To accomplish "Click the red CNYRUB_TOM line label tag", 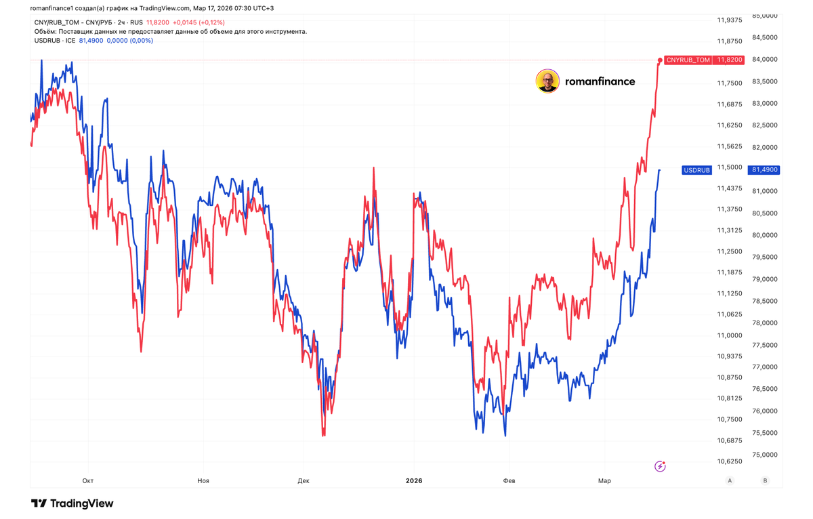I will pos(688,60).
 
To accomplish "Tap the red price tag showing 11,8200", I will pos(729,60).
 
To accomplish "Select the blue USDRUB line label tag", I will pos(696,170).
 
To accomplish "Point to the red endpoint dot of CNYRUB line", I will pos(660,61).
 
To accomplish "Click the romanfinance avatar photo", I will pos(547,81).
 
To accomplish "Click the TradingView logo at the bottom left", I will pos(72,503).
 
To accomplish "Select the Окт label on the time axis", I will pos(87,481).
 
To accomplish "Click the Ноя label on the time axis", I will pos(203,481).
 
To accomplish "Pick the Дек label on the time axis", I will pos(303,481).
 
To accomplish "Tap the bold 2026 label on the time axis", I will pos(413,481).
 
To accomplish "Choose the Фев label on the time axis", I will pos(509,481).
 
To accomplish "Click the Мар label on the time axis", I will pos(604,481).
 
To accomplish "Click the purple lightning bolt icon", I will pos(660,466).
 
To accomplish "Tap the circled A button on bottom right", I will pos(730,480).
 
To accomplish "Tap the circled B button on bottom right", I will pos(765,480).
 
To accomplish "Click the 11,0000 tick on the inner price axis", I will pos(730,335).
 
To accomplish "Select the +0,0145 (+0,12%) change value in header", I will pos(203,22).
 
